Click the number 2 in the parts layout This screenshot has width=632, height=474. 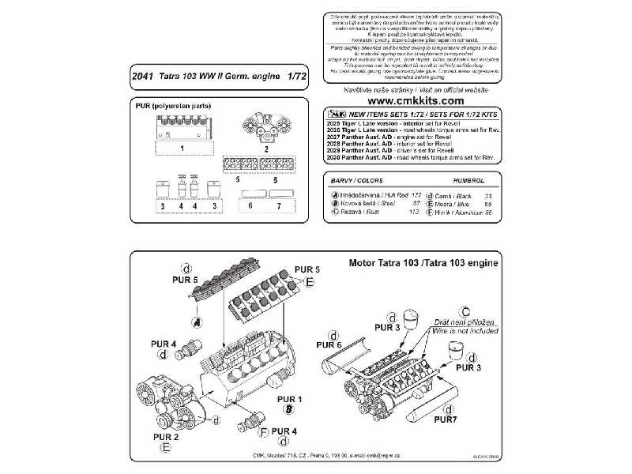265,149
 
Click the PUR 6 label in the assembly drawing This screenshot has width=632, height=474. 329,345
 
